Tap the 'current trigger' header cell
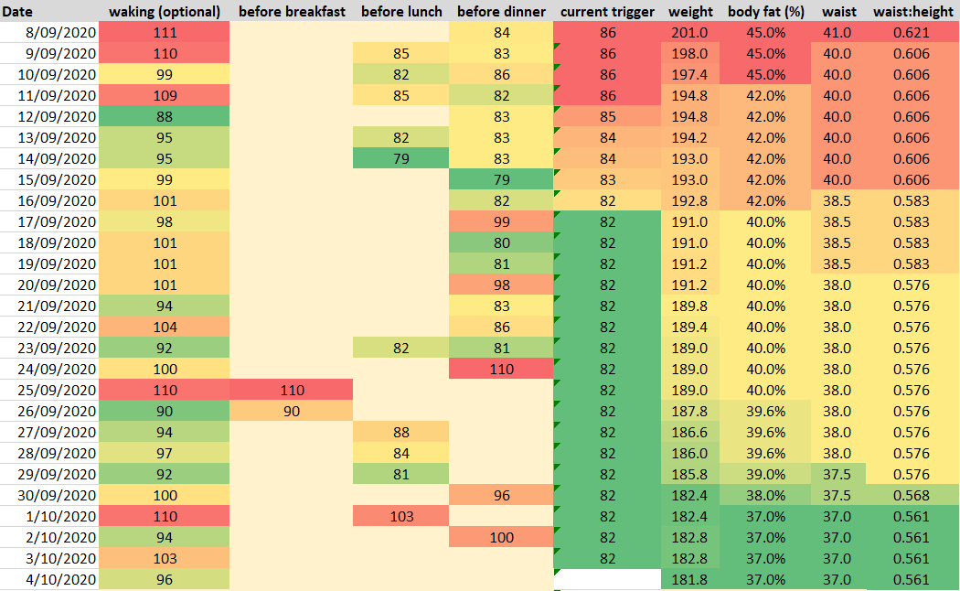(607, 12)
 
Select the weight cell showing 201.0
(690, 33)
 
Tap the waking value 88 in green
(165, 117)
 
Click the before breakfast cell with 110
(291, 391)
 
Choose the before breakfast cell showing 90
(291, 412)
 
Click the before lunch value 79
(400, 159)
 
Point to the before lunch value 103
(400, 517)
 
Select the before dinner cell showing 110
(501, 370)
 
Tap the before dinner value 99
(501, 222)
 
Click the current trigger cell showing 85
(607, 117)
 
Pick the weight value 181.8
(690, 580)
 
